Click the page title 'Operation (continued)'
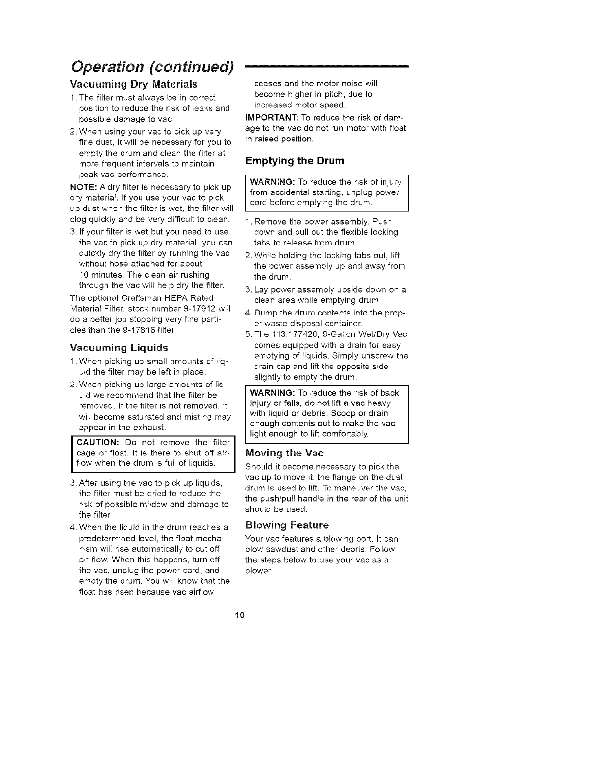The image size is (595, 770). coord(153,66)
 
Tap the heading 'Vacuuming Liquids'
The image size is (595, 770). coord(119,348)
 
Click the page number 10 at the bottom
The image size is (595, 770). coord(239,615)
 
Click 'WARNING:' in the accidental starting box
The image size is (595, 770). coord(272,182)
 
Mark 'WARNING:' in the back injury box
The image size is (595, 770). coord(272,393)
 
